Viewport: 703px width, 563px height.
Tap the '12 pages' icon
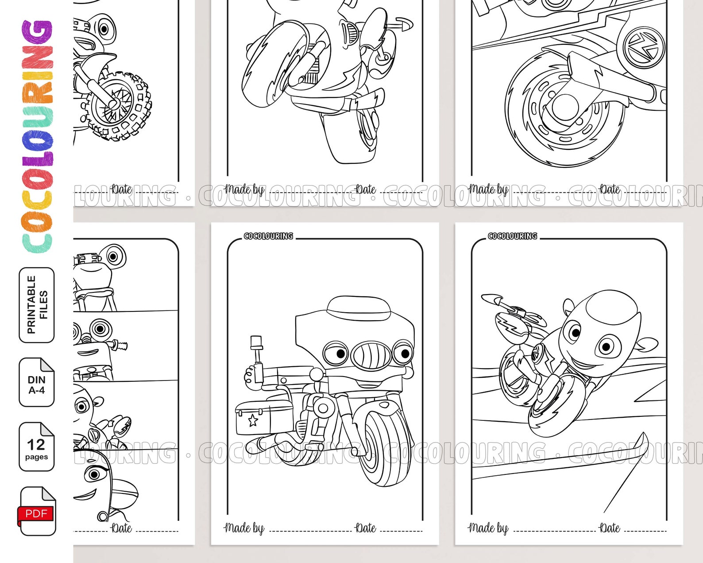(36, 447)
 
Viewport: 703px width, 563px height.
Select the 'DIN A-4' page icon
(36, 382)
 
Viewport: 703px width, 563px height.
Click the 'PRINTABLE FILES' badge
(37, 305)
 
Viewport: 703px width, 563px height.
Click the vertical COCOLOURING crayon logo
(38, 135)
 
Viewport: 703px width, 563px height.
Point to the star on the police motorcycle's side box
(253, 420)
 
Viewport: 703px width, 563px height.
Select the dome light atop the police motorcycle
(358, 306)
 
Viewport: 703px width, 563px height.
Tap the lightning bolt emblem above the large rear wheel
(644, 47)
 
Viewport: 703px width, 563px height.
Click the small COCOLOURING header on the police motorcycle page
(268, 236)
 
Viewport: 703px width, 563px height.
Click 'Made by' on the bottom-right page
(488, 528)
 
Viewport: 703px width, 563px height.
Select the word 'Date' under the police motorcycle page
(366, 528)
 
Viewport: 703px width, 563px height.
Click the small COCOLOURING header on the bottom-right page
(512, 236)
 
